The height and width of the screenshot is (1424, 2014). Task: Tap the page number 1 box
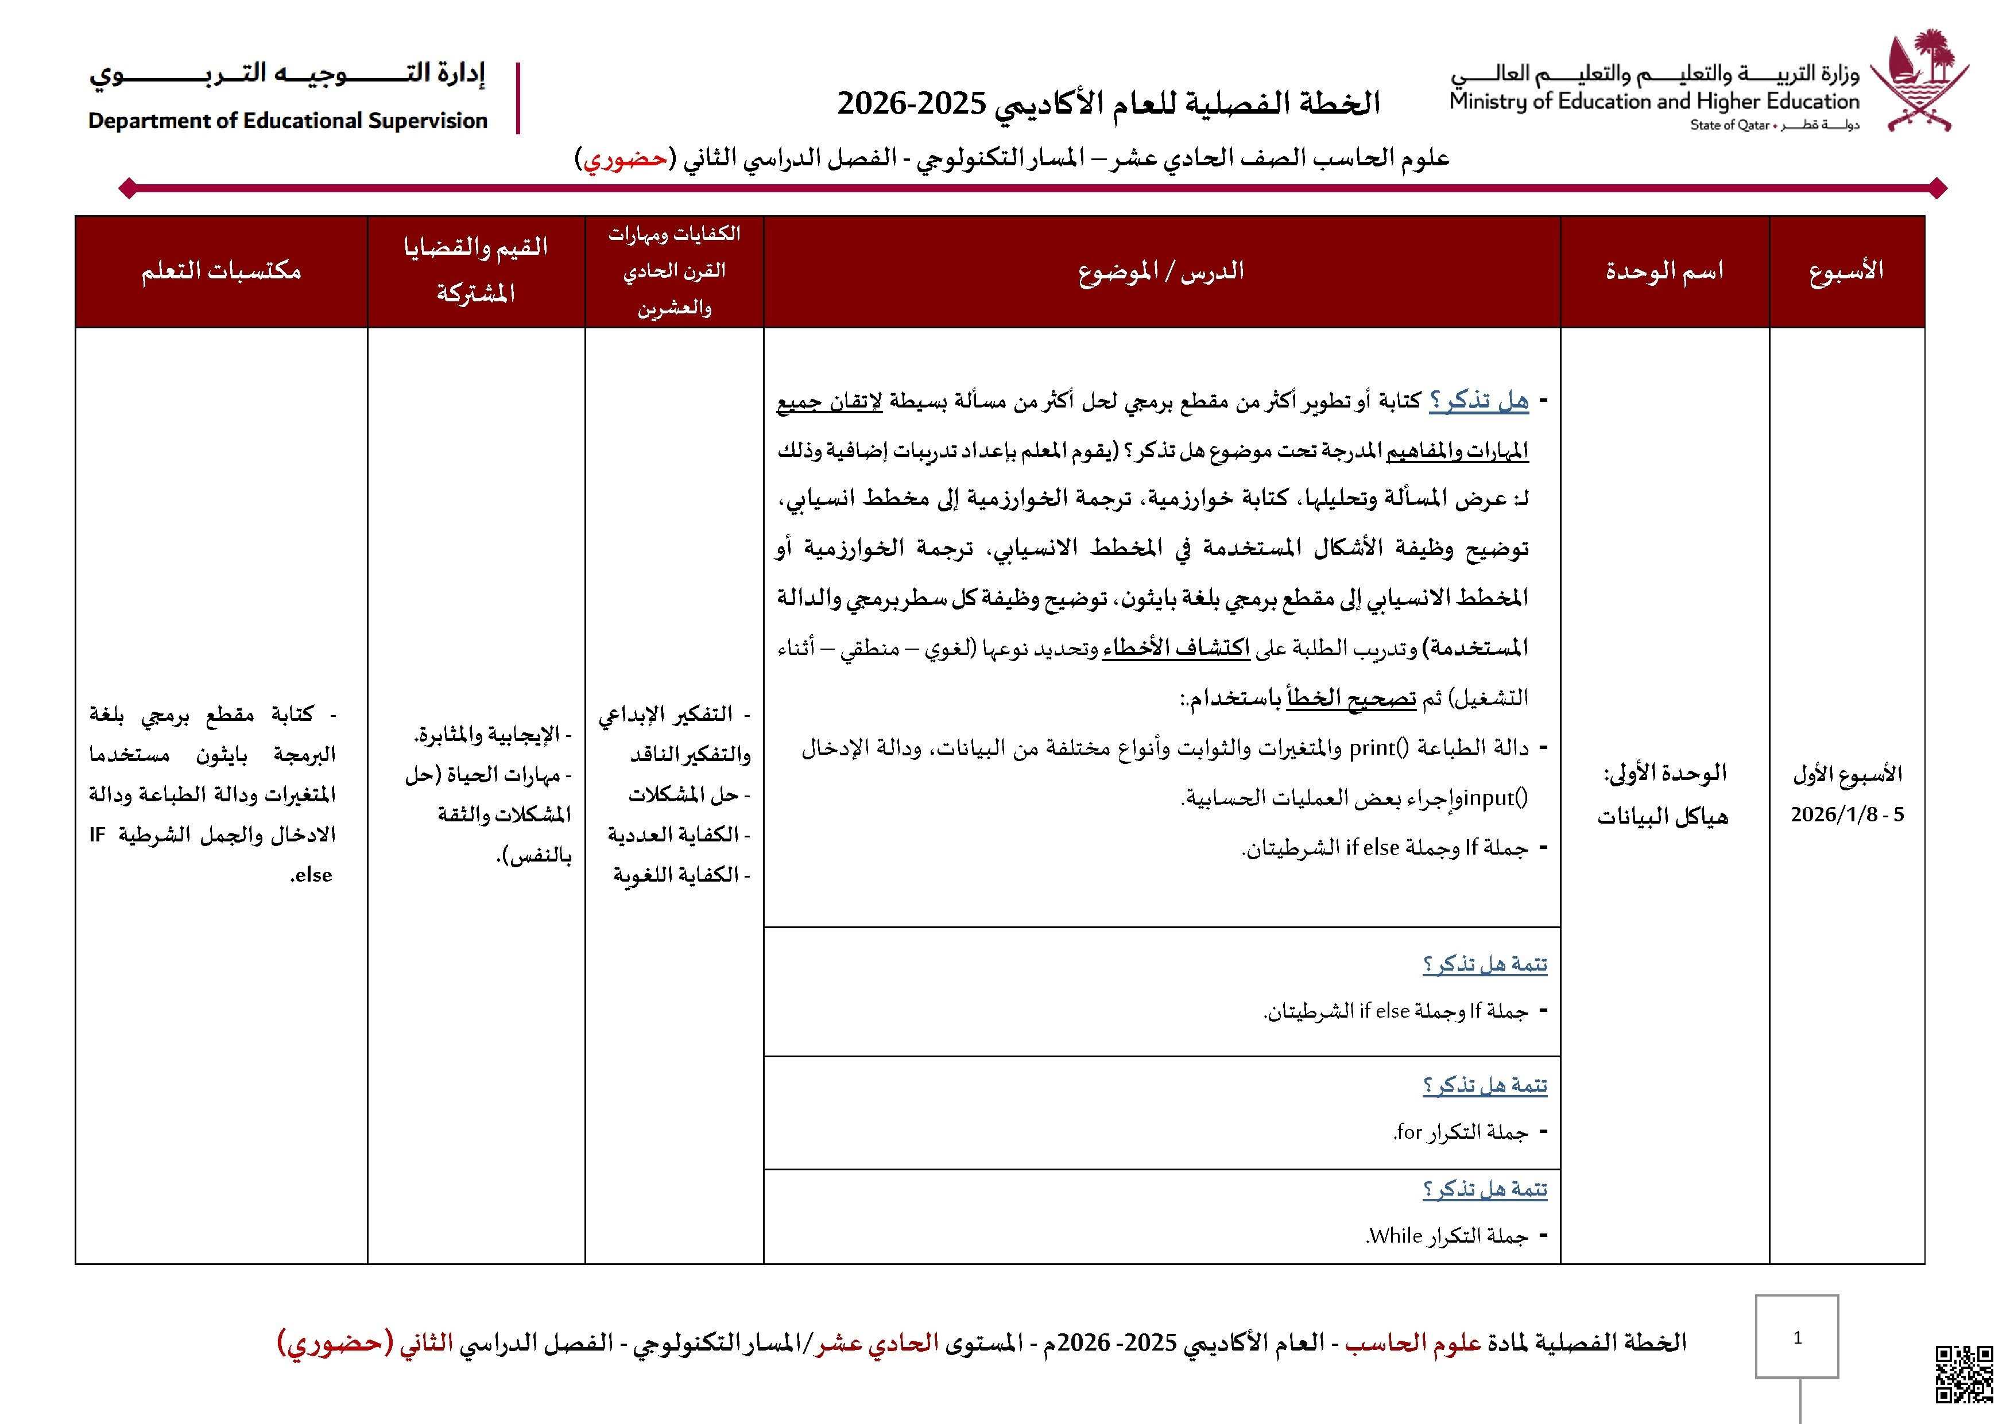tap(1796, 1336)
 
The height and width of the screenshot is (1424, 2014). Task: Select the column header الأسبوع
tap(1846, 271)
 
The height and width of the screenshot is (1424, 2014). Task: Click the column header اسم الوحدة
tap(1664, 271)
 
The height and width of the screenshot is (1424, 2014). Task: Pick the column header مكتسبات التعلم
tap(221, 271)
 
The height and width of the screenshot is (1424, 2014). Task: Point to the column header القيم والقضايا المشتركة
tap(475, 270)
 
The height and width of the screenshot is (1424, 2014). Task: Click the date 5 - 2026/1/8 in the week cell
tap(1846, 814)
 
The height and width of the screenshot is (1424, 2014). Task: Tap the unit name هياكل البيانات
tap(1662, 817)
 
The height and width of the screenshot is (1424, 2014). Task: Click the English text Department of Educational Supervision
tap(288, 121)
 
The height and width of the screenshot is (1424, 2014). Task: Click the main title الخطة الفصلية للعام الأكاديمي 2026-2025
tap(1108, 103)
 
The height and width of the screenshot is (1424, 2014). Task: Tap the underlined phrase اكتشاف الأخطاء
tap(1175, 648)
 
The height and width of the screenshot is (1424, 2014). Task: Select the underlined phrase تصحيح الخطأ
tap(1351, 698)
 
